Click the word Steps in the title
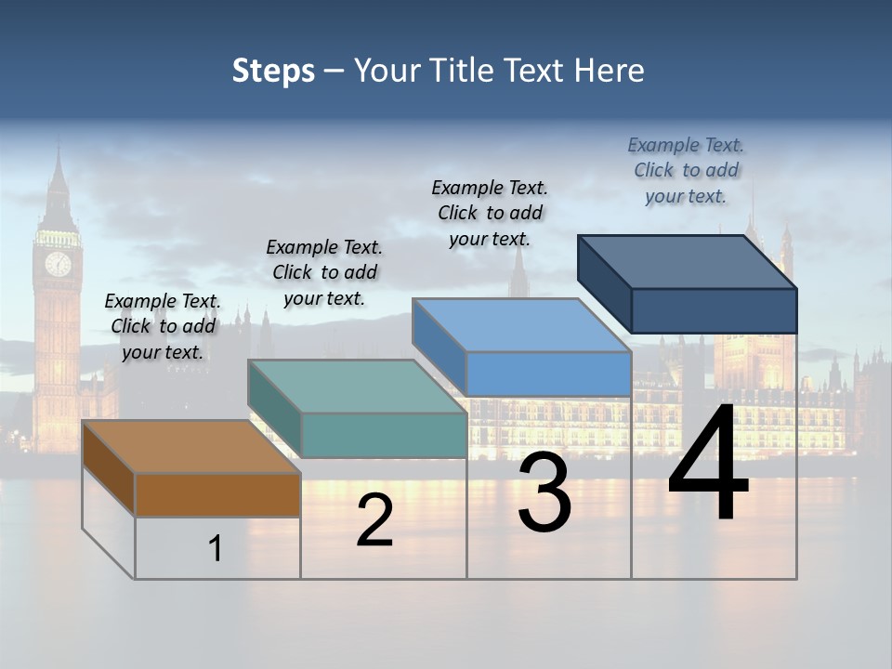273,71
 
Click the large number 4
708,464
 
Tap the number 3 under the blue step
544,492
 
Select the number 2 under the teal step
374,520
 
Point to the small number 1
215,548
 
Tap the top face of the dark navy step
688,261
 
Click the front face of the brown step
217,495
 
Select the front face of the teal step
383,435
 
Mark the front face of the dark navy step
714,310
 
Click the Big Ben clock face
58,263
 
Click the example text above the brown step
163,326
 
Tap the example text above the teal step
324,272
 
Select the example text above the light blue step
490,213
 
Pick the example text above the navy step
686,170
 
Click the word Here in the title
609,71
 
